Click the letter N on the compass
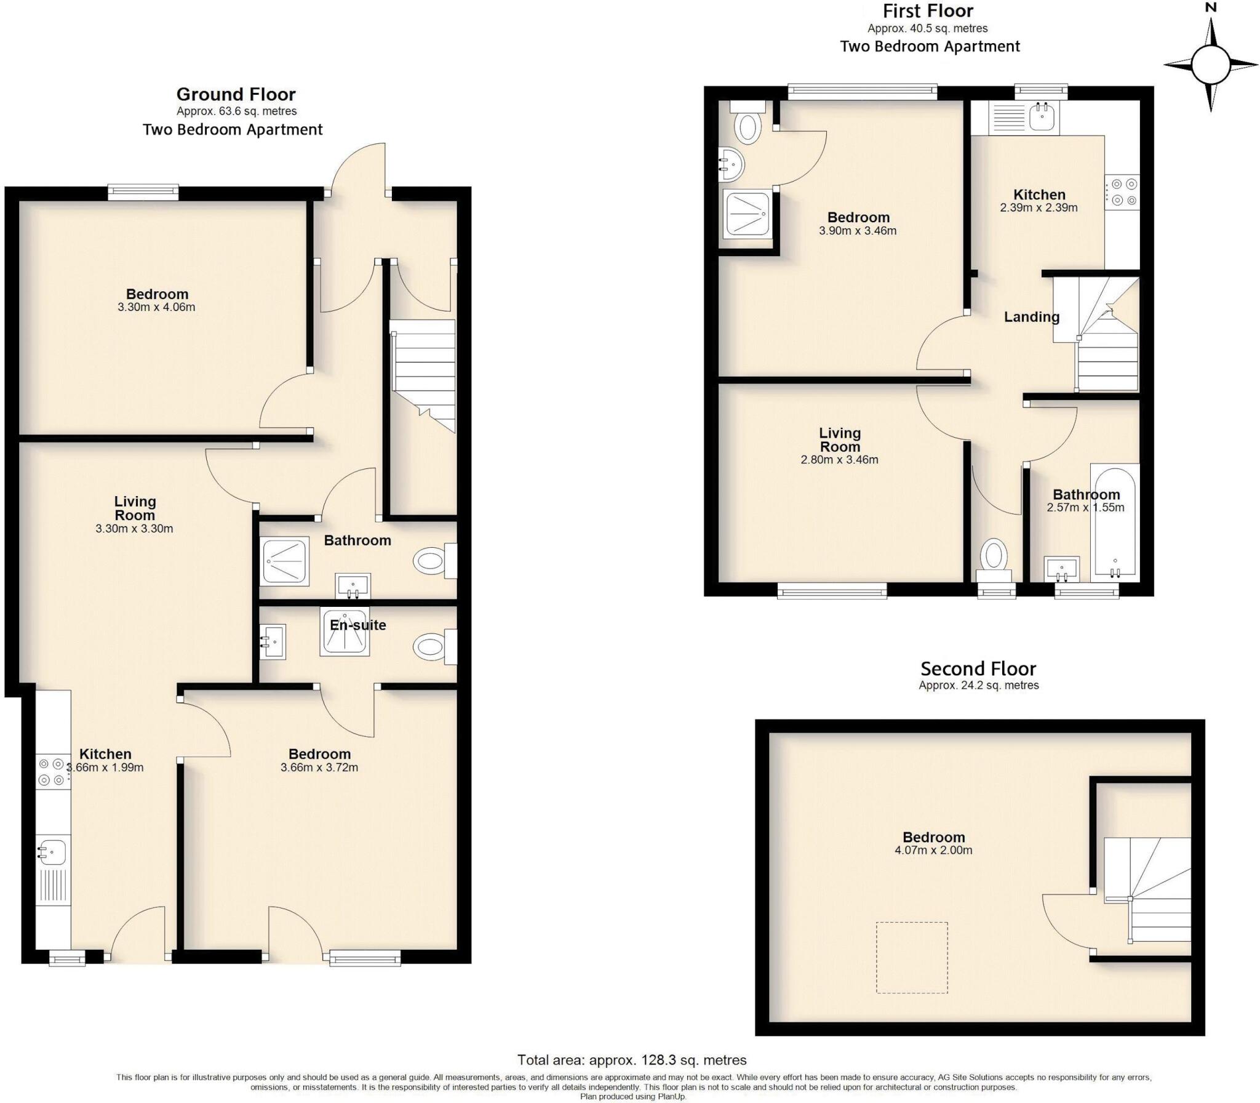(x=1211, y=8)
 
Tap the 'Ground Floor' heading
(x=236, y=94)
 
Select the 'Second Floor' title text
(x=978, y=668)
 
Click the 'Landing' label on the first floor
(x=1031, y=317)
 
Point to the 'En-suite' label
(x=357, y=625)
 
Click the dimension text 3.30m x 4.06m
(x=156, y=307)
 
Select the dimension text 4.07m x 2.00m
(x=933, y=851)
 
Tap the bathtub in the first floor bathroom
(x=1114, y=523)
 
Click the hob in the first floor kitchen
(x=1122, y=192)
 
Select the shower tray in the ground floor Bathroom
(x=285, y=561)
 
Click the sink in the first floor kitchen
(x=1042, y=116)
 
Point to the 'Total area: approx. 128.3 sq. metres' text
(x=632, y=1060)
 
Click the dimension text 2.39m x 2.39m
(x=1039, y=208)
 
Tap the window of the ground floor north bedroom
(x=143, y=192)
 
